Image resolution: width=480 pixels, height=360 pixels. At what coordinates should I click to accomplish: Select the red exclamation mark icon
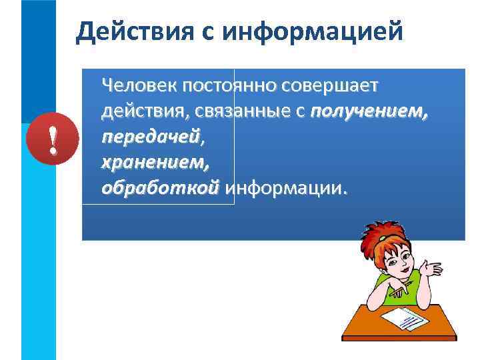[52, 141]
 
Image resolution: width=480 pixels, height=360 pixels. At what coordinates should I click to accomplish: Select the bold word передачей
[150, 137]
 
